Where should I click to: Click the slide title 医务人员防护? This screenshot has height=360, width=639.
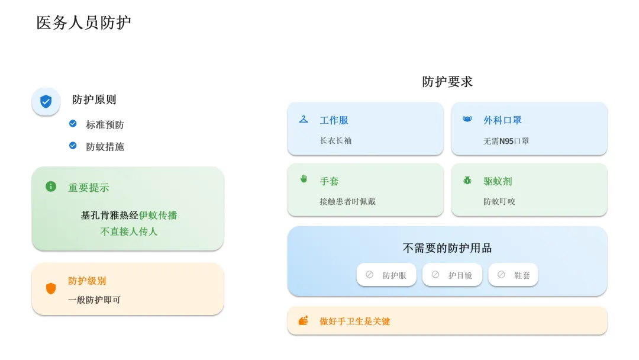click(x=83, y=23)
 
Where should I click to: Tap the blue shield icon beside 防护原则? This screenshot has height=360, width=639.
click(x=46, y=102)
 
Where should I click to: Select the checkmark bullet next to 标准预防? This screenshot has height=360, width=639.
click(x=73, y=124)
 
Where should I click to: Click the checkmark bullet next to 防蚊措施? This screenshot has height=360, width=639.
click(x=73, y=146)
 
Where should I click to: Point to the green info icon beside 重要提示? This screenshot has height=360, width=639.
click(x=51, y=187)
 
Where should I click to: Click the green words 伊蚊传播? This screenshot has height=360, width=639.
click(x=158, y=216)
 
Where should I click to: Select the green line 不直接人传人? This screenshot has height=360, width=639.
click(x=128, y=232)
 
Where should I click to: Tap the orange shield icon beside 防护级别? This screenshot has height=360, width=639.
click(x=51, y=289)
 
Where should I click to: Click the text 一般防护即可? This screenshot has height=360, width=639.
click(x=94, y=300)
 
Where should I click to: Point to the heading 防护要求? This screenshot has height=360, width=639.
click(x=447, y=82)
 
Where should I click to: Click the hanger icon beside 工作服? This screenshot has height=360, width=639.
click(x=304, y=120)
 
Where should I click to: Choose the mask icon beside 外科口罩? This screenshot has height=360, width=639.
click(x=467, y=120)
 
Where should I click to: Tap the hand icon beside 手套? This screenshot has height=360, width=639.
click(x=304, y=179)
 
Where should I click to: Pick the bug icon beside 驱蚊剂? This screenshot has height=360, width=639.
click(x=467, y=180)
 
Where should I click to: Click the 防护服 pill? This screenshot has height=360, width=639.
click(x=386, y=275)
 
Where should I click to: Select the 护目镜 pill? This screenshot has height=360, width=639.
click(x=452, y=275)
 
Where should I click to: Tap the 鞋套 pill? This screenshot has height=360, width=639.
click(x=514, y=275)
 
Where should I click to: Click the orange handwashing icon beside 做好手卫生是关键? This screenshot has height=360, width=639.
click(x=304, y=320)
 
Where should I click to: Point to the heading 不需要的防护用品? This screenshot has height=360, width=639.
click(x=447, y=248)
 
